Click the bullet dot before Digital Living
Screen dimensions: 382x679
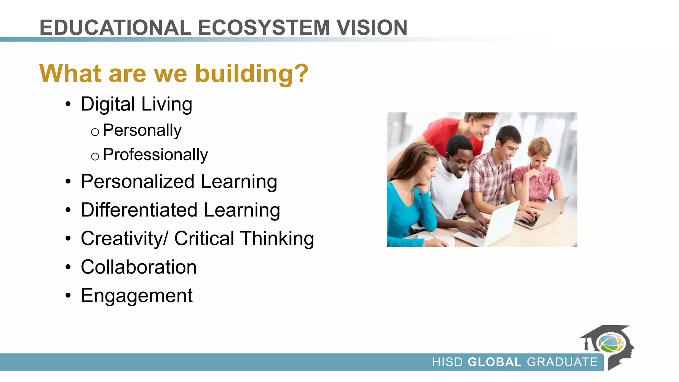click(x=68, y=104)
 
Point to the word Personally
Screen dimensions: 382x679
click(x=142, y=130)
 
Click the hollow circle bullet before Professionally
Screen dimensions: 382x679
click(x=95, y=156)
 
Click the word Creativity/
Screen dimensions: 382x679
click(x=124, y=239)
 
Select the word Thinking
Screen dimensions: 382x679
click(x=277, y=239)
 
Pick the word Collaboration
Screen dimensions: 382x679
click(x=139, y=267)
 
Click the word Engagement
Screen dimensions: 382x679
click(x=137, y=296)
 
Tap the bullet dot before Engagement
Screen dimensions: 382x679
click(x=68, y=296)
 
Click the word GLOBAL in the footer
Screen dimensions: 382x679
click(x=495, y=362)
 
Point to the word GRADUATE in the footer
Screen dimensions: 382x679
click(x=562, y=362)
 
